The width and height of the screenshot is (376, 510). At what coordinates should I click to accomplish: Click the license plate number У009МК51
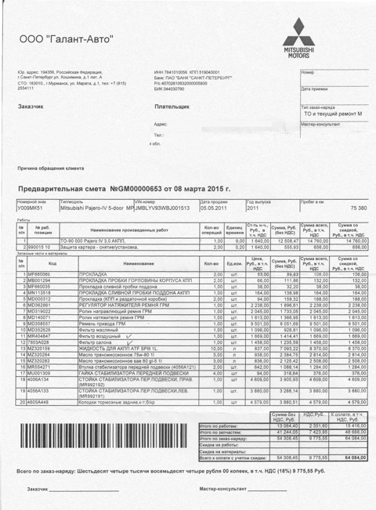click(30, 208)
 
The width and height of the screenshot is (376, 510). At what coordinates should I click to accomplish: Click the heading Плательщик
click(172, 105)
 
